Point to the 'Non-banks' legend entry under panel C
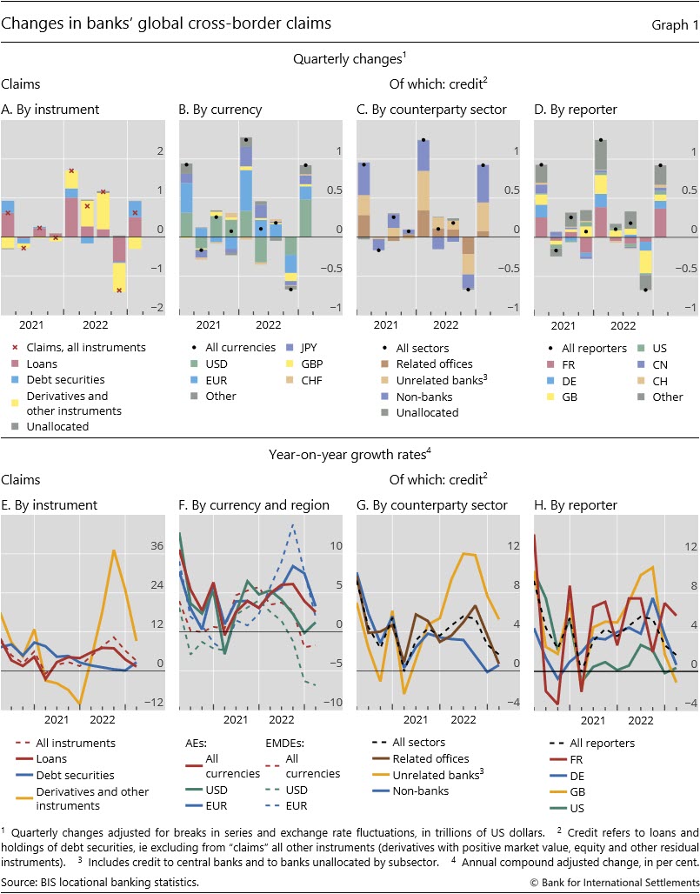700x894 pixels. [423, 396]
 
